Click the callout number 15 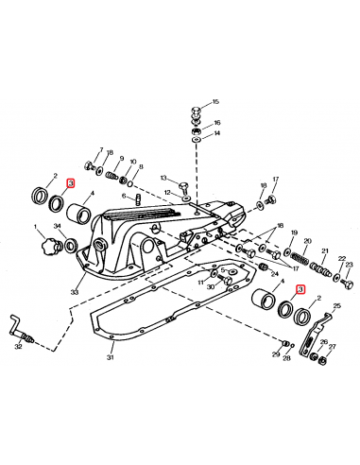point(215,102)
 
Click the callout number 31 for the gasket point(110,357)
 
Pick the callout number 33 point(75,292)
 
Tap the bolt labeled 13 point(182,187)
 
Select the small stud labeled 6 point(137,199)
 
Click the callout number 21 point(325,251)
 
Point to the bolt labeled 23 point(348,284)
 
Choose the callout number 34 point(57,226)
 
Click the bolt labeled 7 point(88,165)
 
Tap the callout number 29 point(276,354)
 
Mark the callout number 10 point(133,162)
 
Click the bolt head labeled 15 point(197,112)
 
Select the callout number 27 point(332,347)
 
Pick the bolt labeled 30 point(224,280)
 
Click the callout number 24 point(275,274)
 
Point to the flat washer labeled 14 point(197,139)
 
